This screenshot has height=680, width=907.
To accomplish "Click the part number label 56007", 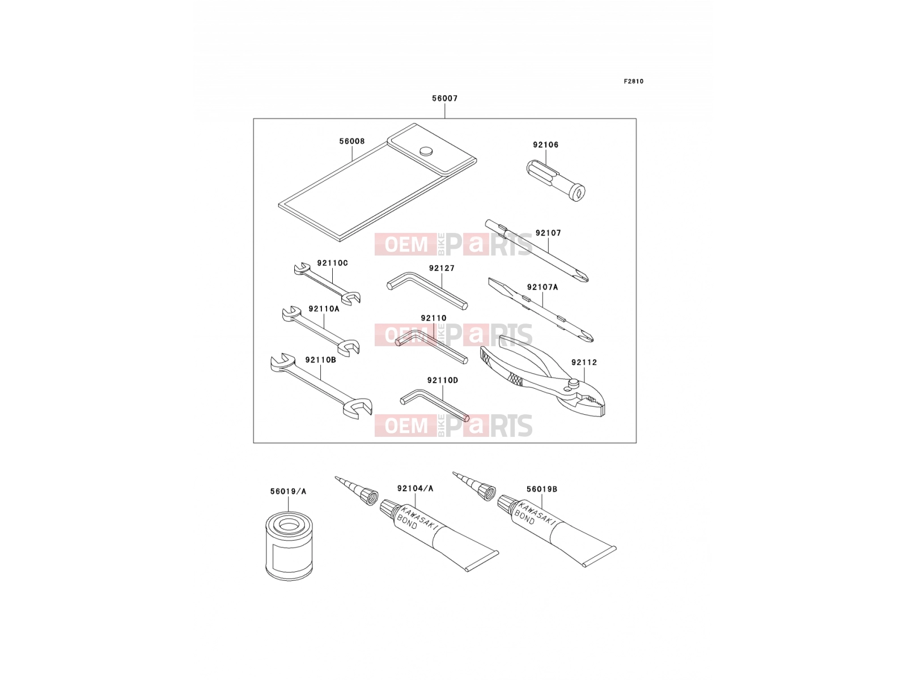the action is click(x=444, y=98).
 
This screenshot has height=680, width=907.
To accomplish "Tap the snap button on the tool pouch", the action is click(x=426, y=151).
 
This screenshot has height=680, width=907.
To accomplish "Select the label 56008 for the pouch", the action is click(x=352, y=141).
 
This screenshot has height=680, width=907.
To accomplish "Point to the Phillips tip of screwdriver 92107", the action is click(x=584, y=278).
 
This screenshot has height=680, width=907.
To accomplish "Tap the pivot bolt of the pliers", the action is click(x=573, y=384).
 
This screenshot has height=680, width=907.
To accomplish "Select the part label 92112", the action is click(x=584, y=362).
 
